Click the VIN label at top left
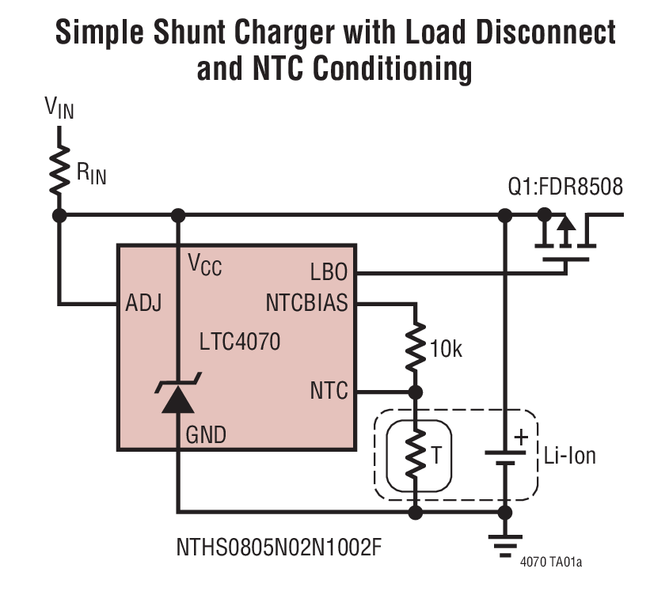click(x=59, y=108)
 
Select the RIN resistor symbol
click(x=59, y=169)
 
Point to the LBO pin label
click(x=329, y=273)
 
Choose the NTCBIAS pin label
click(x=306, y=303)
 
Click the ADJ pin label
click(x=143, y=303)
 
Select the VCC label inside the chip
click(x=204, y=265)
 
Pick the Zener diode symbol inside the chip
click(x=178, y=399)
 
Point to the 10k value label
click(x=445, y=348)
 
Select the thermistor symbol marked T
click(x=414, y=454)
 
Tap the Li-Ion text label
click(x=569, y=456)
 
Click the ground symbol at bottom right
click(x=504, y=545)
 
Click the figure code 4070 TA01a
click(x=551, y=563)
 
